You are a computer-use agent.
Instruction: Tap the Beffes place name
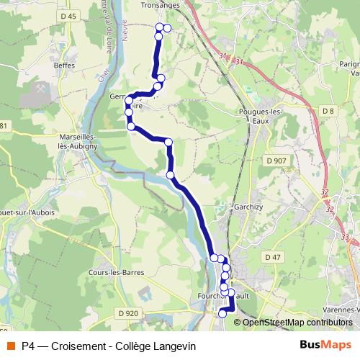pos(64,65)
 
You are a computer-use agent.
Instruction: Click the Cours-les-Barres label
pos(115,272)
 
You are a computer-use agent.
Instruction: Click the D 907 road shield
pos(276,160)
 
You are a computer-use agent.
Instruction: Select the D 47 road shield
pos(272,257)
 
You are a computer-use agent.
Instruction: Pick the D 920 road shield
pos(127,312)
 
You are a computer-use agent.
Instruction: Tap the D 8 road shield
pos(328,110)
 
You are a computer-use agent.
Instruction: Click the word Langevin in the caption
pos(171,346)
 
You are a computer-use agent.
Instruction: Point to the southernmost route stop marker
pos(222,313)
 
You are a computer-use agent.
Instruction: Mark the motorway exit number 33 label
pos(346,236)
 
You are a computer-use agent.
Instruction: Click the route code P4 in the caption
pos(28,346)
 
